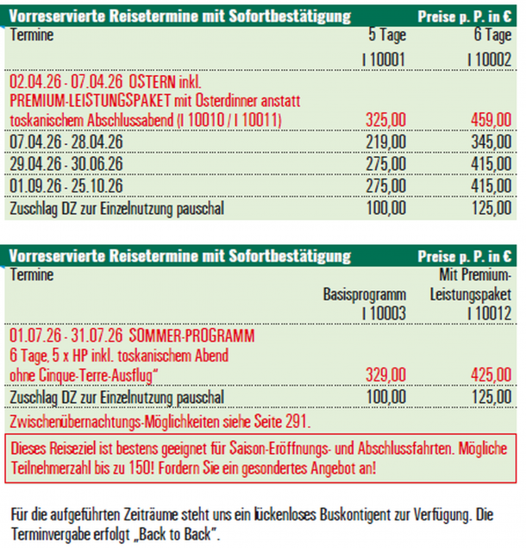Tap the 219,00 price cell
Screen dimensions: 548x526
[x=385, y=140]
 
